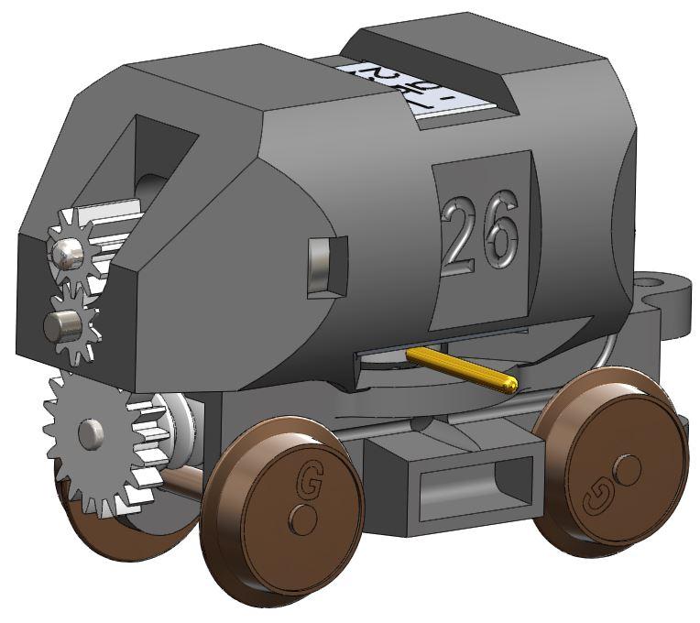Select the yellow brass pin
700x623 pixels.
point(463,367)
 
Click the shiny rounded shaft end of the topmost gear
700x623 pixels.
point(66,253)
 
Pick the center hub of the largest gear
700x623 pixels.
point(91,433)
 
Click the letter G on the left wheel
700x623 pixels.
point(308,478)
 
